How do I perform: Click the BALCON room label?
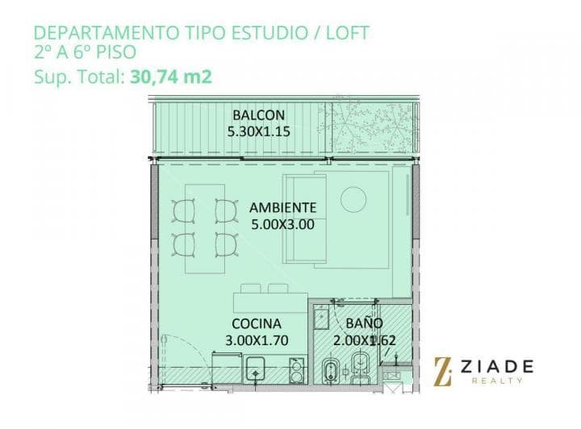259,115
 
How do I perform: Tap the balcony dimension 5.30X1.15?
259,131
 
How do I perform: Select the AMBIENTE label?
282,208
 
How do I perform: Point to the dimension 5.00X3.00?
282,224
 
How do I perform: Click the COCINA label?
257,324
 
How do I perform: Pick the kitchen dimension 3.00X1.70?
257,340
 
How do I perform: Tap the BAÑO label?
364,323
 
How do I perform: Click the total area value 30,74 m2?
171,77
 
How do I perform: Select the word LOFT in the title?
347,32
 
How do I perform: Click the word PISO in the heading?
116,52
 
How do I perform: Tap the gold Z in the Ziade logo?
443,372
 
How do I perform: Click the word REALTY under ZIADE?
497,381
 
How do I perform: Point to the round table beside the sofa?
353,199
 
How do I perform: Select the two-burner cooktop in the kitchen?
296,370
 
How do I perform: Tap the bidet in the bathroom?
329,371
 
